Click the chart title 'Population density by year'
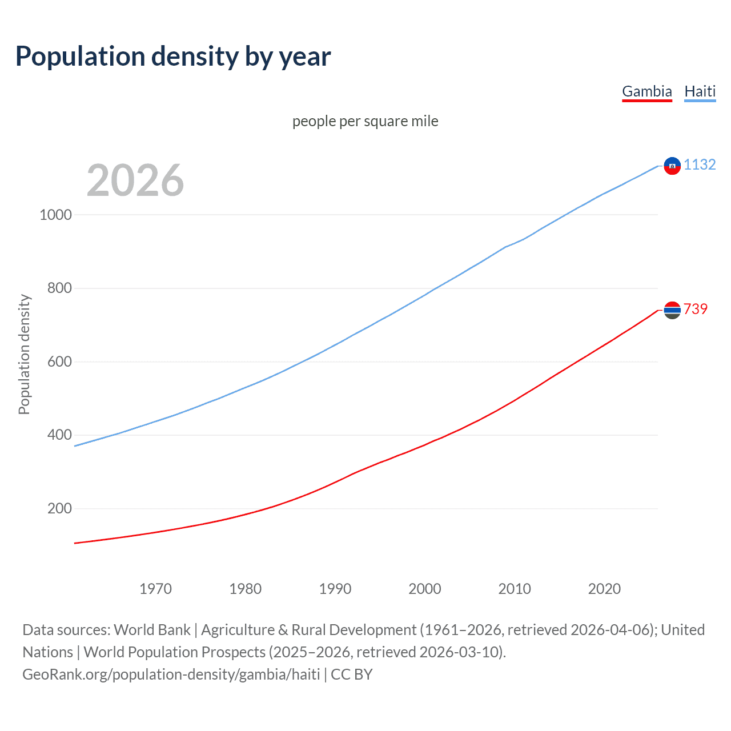[173, 56]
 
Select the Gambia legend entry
[646, 91]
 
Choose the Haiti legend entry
[700, 91]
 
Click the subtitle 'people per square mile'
[365, 121]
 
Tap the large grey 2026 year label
[135, 180]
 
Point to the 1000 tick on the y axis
[55, 215]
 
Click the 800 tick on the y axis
[59, 288]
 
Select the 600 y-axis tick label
[59, 362]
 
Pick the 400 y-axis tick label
[59, 435]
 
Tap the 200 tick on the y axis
[59, 508]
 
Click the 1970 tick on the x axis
[155, 589]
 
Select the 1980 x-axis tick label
[245, 589]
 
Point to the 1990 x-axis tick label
[335, 589]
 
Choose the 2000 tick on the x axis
[425, 589]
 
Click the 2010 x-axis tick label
[515, 589]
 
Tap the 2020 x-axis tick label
[604, 589]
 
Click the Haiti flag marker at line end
[672, 166]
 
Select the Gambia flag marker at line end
[672, 310]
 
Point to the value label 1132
[700, 164]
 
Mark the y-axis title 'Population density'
[24, 354]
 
